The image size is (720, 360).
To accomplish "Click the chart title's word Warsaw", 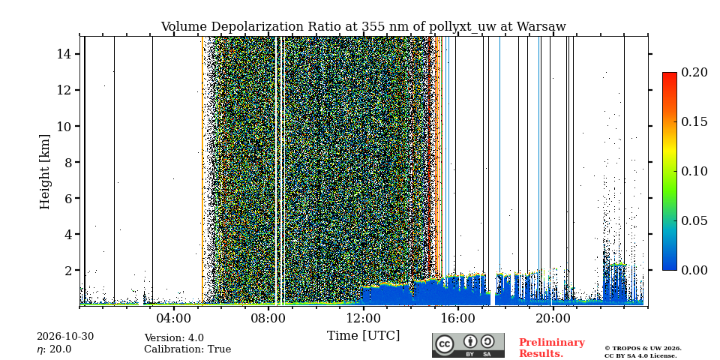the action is [x=541, y=27].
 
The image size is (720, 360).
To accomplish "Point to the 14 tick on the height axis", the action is [x=77, y=54].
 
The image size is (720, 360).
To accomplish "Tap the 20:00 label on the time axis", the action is [x=553, y=318].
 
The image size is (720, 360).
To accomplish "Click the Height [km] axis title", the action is [x=44, y=172].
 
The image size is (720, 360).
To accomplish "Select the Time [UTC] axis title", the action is [x=363, y=336].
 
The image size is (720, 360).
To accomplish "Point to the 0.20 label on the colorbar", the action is [x=694, y=72].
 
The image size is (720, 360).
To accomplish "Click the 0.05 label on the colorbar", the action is [x=694, y=220].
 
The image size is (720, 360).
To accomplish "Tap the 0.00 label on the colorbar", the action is [x=694, y=270].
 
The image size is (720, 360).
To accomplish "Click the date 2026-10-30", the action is [x=65, y=337].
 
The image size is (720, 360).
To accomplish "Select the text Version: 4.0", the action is [x=174, y=338].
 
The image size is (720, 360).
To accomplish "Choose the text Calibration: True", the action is [x=187, y=349].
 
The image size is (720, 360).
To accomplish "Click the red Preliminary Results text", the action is [x=552, y=347].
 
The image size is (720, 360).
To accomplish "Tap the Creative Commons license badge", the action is [x=468, y=345].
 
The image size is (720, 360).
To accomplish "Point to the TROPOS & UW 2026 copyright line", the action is [x=643, y=349].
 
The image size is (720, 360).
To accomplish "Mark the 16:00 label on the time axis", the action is [x=458, y=318].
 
